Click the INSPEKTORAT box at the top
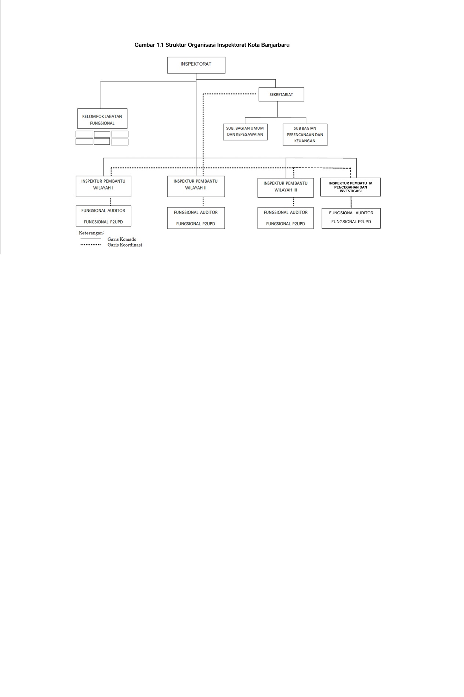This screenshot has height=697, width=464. pyautogui.click(x=196, y=65)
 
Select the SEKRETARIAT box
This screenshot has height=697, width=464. pyautogui.click(x=281, y=94)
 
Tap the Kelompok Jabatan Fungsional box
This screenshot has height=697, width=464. pyautogui.click(x=102, y=119)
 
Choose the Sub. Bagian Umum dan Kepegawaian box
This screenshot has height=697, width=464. pyautogui.click(x=245, y=132)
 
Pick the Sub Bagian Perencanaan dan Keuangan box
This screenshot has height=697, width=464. pyautogui.click(x=305, y=135)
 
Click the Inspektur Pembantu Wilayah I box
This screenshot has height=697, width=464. pyautogui.click(x=104, y=186)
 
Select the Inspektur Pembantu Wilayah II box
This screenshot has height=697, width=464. pyautogui.click(x=196, y=186)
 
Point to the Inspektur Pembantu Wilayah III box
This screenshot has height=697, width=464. pyautogui.click(x=286, y=188)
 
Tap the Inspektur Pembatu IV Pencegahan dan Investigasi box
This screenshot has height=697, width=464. pyautogui.click(x=351, y=187)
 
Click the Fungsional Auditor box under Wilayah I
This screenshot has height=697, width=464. pyautogui.click(x=104, y=216)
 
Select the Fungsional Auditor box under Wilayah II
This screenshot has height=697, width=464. pyautogui.click(x=196, y=218)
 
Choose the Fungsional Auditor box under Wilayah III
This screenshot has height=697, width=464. pyautogui.click(x=286, y=218)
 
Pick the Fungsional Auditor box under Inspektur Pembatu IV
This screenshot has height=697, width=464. pyautogui.click(x=351, y=218)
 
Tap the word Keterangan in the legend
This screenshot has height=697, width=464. pyautogui.click(x=91, y=233)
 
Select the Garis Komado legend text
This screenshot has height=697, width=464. pyautogui.click(x=122, y=239)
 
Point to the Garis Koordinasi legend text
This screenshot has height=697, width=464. pyautogui.click(x=125, y=245)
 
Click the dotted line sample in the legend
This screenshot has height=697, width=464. pyautogui.click(x=91, y=245)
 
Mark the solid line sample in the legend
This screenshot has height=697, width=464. pyautogui.click(x=91, y=239)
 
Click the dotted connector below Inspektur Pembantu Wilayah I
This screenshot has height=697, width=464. pyautogui.click(x=110, y=201)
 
